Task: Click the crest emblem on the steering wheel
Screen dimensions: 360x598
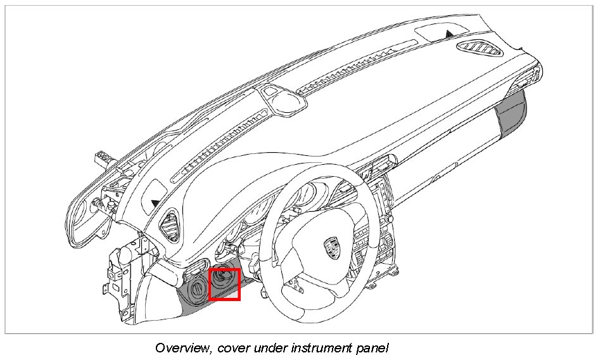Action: pos(331,247)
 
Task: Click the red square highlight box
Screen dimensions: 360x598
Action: pos(224,285)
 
